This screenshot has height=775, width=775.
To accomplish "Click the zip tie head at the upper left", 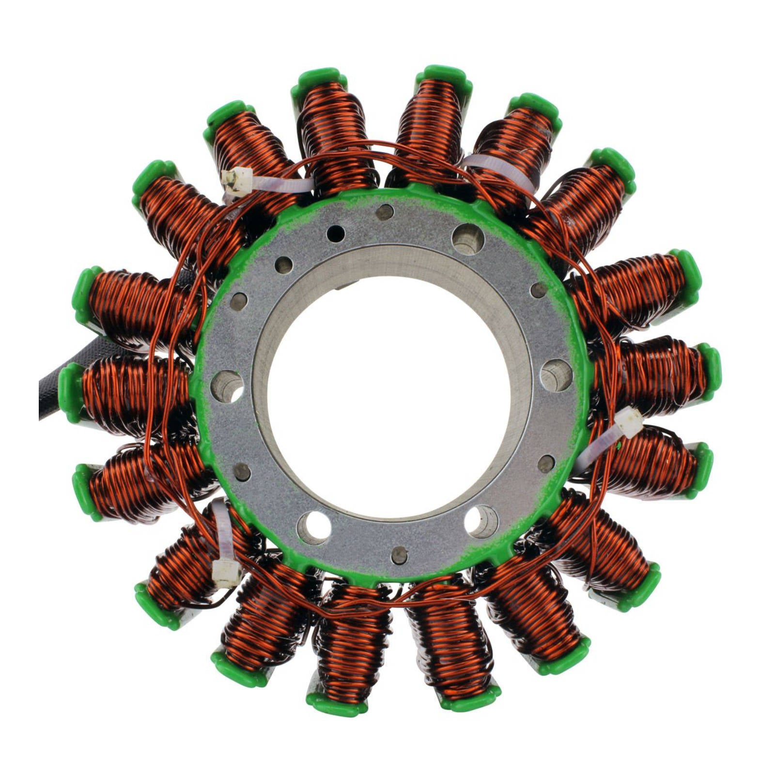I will (236, 181).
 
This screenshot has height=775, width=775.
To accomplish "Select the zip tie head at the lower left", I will (226, 574).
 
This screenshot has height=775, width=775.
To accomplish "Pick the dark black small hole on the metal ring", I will (335, 233).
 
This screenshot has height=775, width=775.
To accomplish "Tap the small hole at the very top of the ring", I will (385, 212).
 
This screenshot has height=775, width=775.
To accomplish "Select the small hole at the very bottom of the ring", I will (399, 555).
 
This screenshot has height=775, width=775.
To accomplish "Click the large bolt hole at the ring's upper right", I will (467, 239).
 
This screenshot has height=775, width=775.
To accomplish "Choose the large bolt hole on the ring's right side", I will (556, 375).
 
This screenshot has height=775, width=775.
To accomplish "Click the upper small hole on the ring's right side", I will (539, 290).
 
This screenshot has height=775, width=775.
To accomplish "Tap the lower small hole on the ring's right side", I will (546, 464).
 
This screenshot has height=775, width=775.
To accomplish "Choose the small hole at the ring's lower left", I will (242, 471).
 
